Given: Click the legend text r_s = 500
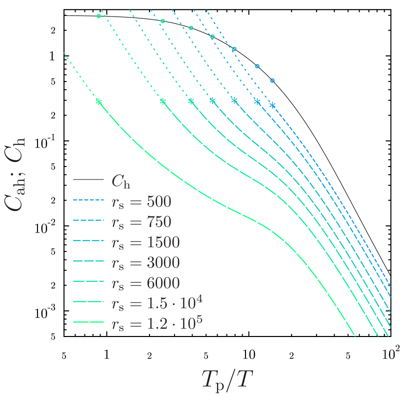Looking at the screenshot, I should point(141,201).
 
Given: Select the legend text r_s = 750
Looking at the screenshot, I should point(141,222).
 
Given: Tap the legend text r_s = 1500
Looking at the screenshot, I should point(145,242).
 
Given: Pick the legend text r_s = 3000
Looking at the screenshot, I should point(145,263).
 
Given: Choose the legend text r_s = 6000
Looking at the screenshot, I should point(145,283).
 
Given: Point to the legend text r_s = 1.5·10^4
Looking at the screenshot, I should point(156,302).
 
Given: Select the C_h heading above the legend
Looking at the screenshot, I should point(120,181).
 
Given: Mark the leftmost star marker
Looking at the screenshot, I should point(98,101).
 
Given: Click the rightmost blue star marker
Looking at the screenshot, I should point(272,105).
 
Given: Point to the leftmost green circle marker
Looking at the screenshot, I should point(98,16).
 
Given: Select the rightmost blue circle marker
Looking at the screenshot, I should point(272,80).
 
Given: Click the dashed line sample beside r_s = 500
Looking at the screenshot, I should point(88,201).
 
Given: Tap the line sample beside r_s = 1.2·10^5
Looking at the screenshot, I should point(88,322).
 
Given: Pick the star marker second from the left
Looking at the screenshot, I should point(162,101).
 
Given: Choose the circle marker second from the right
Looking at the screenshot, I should point(257,66).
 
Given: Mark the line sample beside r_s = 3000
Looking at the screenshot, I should point(88,261).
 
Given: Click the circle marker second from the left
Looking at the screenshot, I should point(162,21).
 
